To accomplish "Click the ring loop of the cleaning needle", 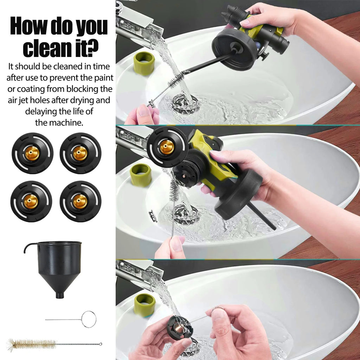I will (x=89, y=319).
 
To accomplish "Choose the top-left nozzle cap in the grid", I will (x=32, y=153).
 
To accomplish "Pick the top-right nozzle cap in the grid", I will (x=81, y=153).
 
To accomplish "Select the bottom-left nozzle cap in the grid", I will (x=31, y=201).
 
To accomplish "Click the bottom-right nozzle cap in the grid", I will (x=81, y=201).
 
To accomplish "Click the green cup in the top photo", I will (x=144, y=63).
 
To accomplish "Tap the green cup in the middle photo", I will (x=141, y=175).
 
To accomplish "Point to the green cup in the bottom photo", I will (x=144, y=304).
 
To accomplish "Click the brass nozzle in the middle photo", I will (x=167, y=147).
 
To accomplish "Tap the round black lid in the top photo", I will (x=234, y=50).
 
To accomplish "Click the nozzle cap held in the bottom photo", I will (x=180, y=328).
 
